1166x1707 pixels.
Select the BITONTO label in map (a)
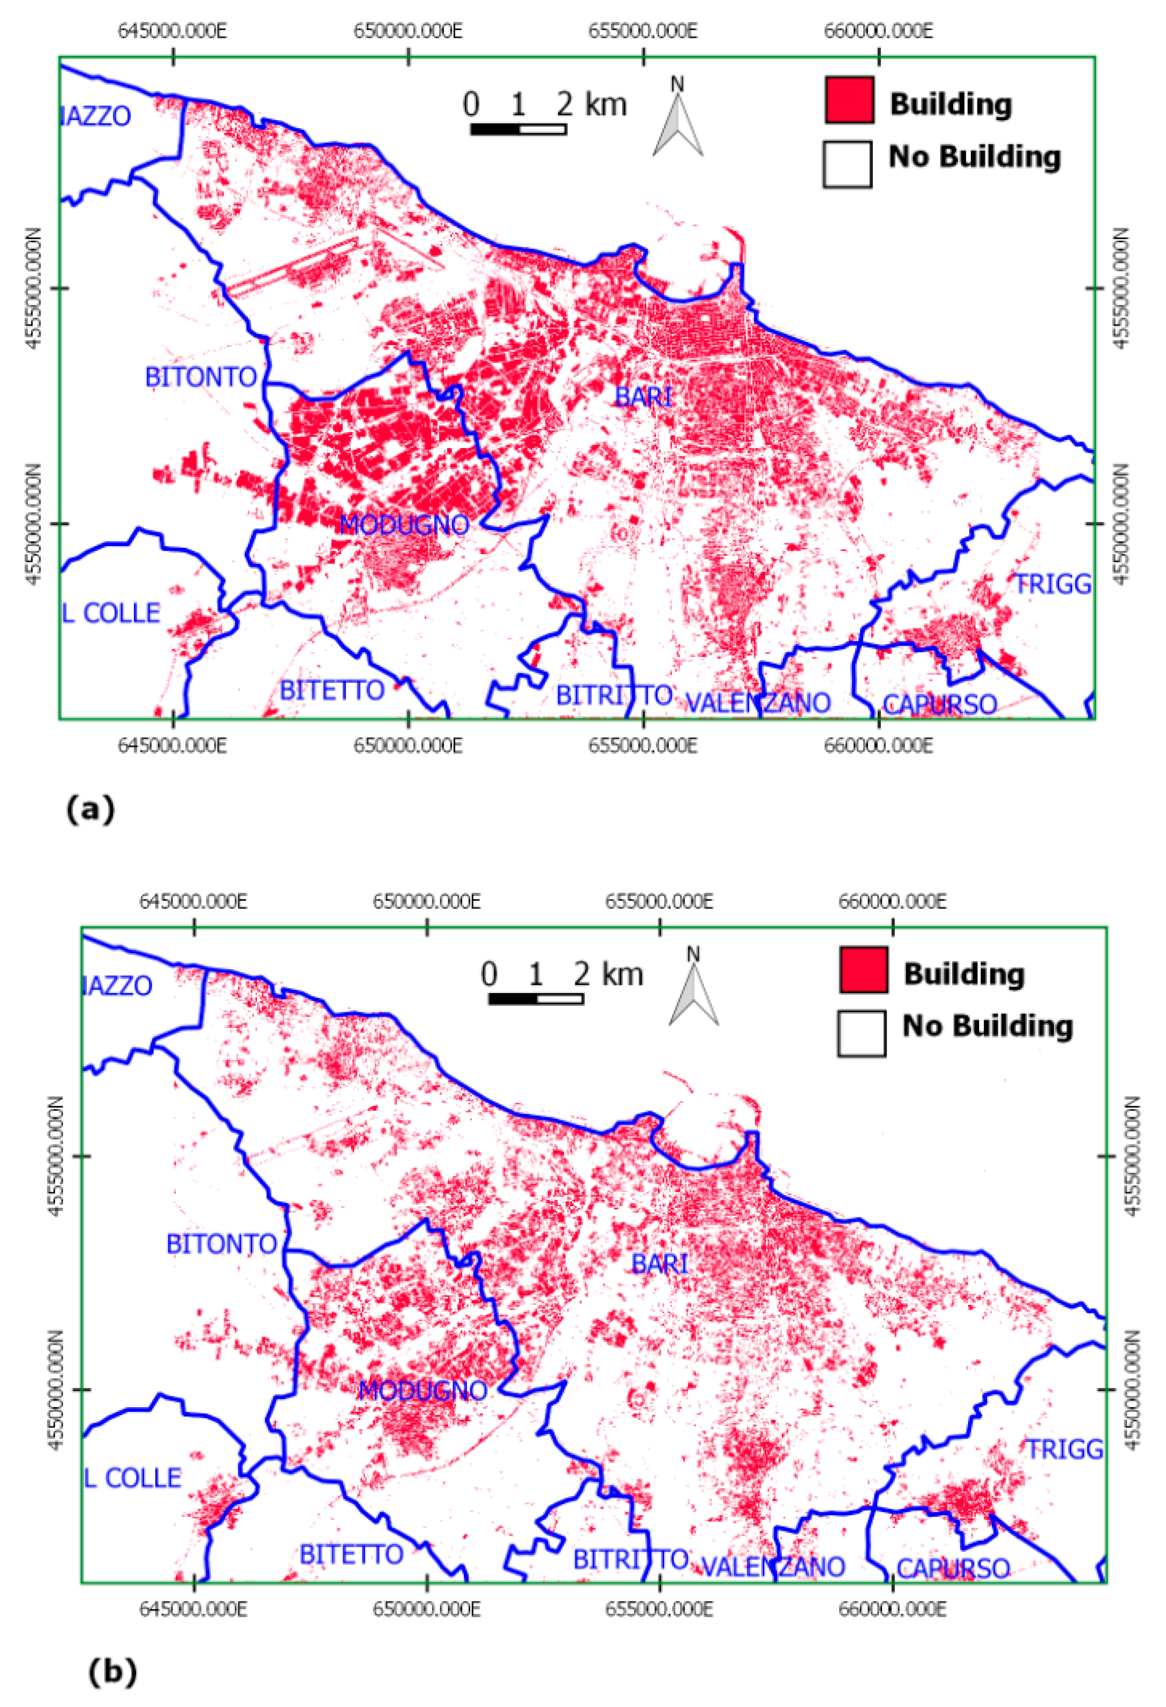(201, 377)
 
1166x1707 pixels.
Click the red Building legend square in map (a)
(849, 100)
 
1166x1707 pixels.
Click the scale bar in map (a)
(518, 129)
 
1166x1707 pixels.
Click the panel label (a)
(90, 810)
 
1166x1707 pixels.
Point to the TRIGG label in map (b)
(1064, 1450)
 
